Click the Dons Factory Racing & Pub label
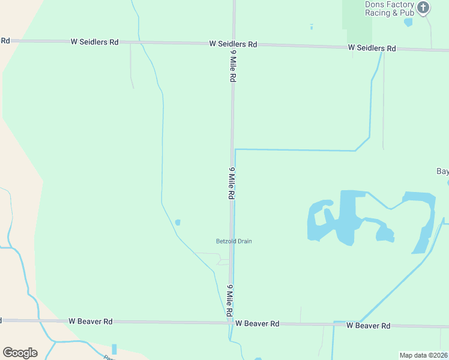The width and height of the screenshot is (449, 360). tap(390, 8)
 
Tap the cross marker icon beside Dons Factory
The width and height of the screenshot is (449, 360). tap(423, 8)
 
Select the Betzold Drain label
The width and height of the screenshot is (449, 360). tap(234, 241)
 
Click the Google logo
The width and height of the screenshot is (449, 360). tap(20, 353)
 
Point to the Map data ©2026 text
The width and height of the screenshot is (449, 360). tap(424, 355)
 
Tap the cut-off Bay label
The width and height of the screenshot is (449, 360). tap(442, 171)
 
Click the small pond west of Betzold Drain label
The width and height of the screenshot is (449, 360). tap(177, 223)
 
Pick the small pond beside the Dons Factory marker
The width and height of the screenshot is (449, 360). tap(409, 23)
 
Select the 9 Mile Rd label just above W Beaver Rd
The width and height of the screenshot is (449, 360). tap(229, 301)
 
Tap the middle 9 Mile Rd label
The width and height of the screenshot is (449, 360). tap(231, 183)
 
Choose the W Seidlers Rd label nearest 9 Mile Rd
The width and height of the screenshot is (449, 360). tap(233, 44)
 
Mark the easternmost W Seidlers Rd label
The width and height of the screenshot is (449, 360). tap(372, 48)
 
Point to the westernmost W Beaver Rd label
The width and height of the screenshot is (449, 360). tap(90, 322)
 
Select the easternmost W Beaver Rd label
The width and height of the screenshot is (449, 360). tap(368, 325)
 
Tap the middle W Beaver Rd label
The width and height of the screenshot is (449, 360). tap(257, 323)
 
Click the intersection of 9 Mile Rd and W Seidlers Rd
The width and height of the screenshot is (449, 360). tap(234, 43)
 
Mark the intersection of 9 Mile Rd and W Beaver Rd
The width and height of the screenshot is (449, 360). tap(230, 323)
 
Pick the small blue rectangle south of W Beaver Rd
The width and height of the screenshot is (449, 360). tap(114, 349)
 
